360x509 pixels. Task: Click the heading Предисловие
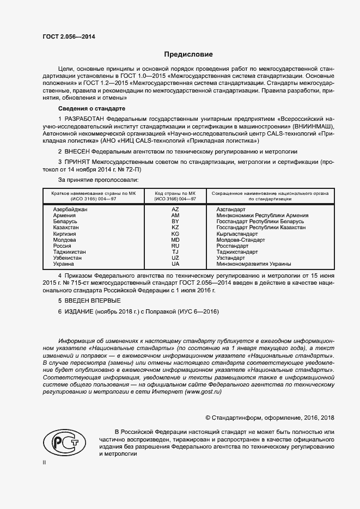coord(188,54)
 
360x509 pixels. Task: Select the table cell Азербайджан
coord(70,210)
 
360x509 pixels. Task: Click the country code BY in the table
coord(175,222)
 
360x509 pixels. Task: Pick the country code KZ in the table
coord(175,228)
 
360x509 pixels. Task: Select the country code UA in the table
coord(175,263)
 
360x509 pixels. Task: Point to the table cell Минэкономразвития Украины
coord(253,263)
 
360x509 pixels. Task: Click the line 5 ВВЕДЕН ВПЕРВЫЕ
coord(89,301)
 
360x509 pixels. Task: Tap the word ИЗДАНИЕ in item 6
coord(79,311)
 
